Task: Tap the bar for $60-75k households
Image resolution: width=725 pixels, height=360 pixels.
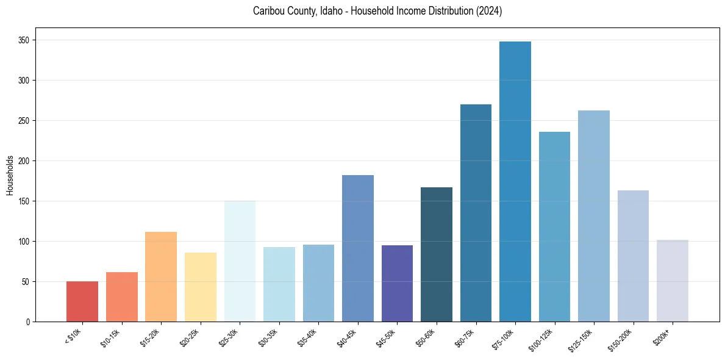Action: [x=476, y=213]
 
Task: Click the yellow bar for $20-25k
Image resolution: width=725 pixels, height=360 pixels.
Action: [x=201, y=287]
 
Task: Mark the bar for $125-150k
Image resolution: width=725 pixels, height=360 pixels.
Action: [x=593, y=216]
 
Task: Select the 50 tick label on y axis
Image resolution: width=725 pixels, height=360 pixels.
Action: [x=26, y=282]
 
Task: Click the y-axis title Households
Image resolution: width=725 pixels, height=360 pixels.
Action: [x=10, y=175]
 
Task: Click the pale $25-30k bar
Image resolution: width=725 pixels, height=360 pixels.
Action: [x=240, y=261]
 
